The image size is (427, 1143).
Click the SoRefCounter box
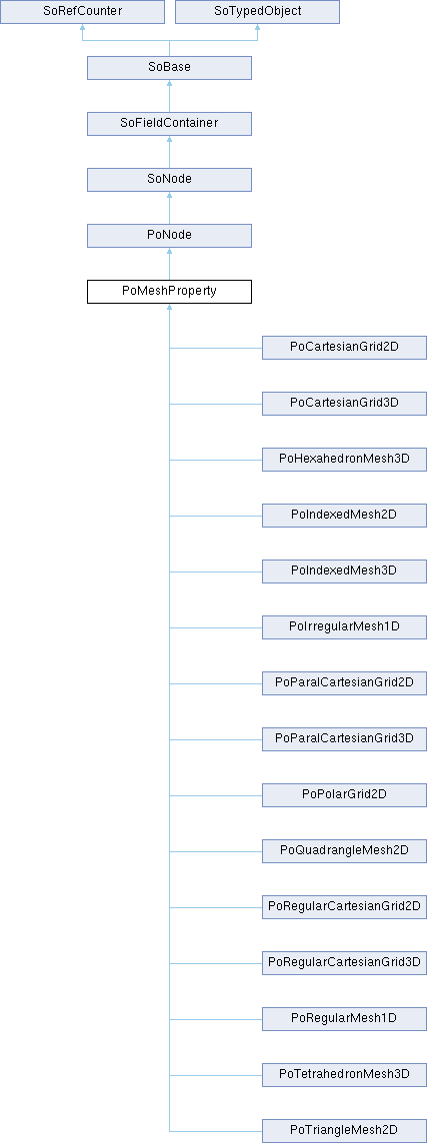click(82, 12)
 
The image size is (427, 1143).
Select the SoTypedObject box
click(258, 12)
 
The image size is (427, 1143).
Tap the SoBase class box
click(169, 68)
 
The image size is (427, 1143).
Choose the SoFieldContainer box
click(169, 124)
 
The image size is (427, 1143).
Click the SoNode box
click(169, 180)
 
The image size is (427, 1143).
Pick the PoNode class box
click(169, 236)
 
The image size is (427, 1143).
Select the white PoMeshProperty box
click(169, 293)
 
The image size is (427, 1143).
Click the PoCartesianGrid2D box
click(345, 348)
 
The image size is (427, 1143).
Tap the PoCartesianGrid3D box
click(345, 404)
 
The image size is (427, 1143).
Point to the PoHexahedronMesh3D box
click(345, 460)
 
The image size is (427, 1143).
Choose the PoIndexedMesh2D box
click(345, 517)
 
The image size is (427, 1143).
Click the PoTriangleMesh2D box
click(345, 1131)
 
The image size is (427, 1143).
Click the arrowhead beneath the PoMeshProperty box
click(169, 308)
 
